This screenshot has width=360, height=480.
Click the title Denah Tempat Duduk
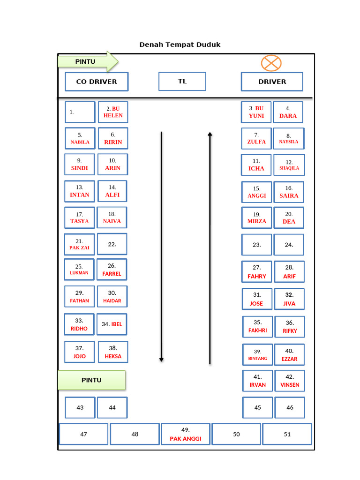[x=180, y=45]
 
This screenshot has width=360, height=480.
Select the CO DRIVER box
[x=97, y=82]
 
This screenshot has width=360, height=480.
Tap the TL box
[x=182, y=81]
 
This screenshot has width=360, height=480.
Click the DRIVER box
[x=272, y=82]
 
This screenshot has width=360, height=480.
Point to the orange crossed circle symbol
[x=271, y=63]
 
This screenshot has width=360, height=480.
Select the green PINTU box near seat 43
[x=91, y=380]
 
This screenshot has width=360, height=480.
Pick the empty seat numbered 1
[x=80, y=112]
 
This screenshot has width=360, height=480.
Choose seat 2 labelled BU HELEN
[x=113, y=112]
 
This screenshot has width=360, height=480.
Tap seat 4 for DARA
[x=288, y=112]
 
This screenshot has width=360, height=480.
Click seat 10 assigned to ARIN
[x=112, y=165]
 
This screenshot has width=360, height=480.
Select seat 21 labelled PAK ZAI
[x=79, y=244]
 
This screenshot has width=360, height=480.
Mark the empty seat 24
[x=289, y=245]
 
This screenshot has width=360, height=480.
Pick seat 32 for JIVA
[x=289, y=299]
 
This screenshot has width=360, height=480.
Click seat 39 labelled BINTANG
[x=257, y=355]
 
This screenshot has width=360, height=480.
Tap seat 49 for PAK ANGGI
[x=185, y=434]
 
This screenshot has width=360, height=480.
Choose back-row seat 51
[x=287, y=434]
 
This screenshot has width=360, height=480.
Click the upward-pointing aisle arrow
[x=210, y=247]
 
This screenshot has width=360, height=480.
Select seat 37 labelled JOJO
[x=80, y=352]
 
